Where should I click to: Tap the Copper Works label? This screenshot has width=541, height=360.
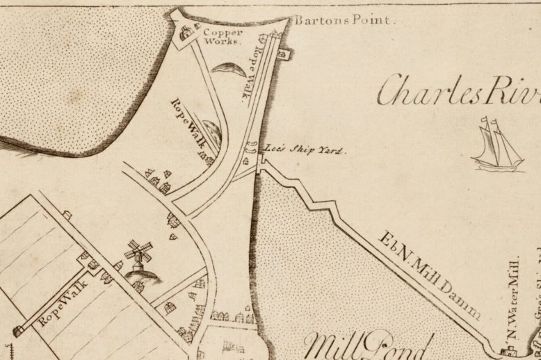pos(223,36)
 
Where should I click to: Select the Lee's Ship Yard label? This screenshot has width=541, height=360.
pos(305,149)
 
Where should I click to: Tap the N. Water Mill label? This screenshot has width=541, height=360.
pos(515,300)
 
